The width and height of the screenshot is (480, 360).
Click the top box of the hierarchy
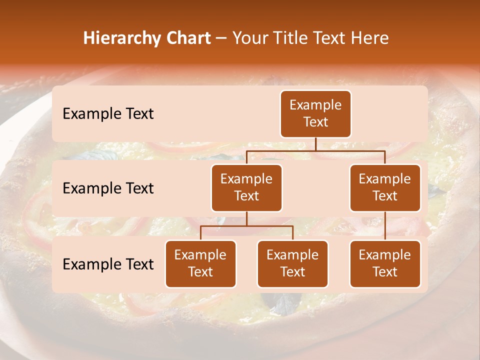tap(315, 114)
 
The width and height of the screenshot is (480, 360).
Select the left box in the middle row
tap(246, 188)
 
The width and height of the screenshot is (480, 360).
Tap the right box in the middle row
tap(385, 188)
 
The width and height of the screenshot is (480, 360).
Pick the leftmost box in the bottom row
tap(200, 264)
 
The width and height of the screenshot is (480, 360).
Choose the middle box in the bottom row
tap(292, 264)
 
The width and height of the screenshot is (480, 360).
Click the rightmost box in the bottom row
tap(385, 264)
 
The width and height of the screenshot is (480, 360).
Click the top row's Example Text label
tap(108, 114)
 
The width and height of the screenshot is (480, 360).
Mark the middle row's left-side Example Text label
tap(108, 188)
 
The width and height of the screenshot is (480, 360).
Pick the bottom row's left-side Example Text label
tap(108, 264)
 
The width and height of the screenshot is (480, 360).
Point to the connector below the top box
tap(315, 144)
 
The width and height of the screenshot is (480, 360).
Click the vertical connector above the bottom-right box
tap(385, 226)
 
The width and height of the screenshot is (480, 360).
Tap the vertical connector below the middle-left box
tap(246, 219)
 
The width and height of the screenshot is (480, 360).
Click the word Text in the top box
tap(315, 122)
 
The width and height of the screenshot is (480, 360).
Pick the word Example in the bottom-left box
tap(200, 255)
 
